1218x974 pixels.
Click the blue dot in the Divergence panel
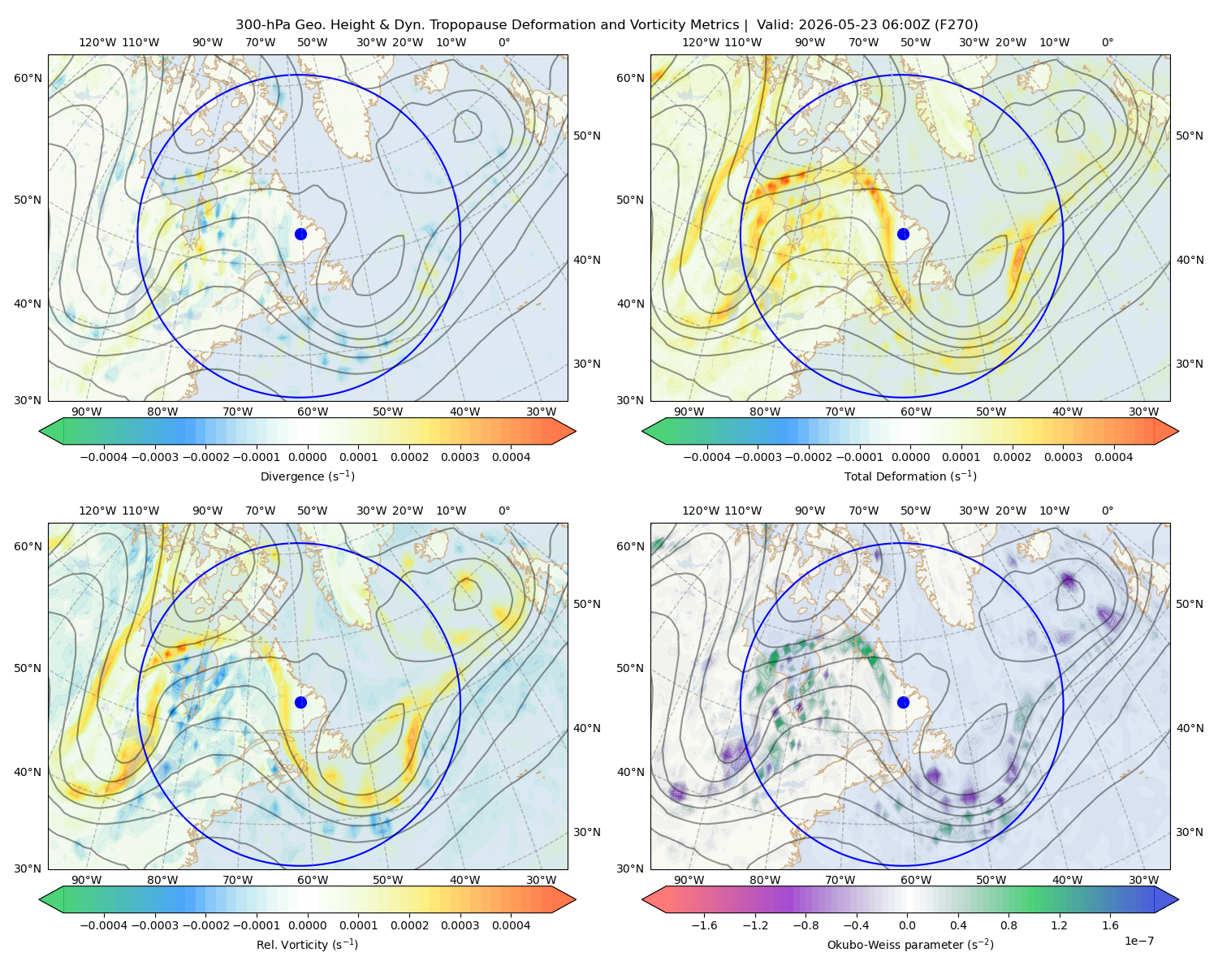(300, 234)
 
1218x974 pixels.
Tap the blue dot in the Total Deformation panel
(903, 234)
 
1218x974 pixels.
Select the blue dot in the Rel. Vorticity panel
(300, 702)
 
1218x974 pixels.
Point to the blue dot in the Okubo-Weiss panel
(903, 702)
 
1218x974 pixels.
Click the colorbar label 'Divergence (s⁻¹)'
(307, 476)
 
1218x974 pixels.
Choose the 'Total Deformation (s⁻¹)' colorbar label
(910, 476)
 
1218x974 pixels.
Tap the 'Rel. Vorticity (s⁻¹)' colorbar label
(307, 944)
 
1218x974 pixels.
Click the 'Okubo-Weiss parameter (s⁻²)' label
(910, 944)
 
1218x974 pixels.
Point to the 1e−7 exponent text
(1138, 941)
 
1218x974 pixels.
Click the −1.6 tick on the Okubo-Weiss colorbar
(705, 925)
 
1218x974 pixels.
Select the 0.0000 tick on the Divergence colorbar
(307, 457)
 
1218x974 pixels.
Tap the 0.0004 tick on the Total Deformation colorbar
(1114, 457)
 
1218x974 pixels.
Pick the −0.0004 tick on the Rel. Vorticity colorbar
(104, 925)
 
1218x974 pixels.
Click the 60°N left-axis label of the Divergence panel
(28, 78)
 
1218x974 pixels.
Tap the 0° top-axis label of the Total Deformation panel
(1108, 42)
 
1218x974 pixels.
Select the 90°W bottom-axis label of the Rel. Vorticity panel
(87, 880)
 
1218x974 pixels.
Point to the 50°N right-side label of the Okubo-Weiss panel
(1190, 604)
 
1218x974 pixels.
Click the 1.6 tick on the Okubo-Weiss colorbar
(1111, 925)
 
